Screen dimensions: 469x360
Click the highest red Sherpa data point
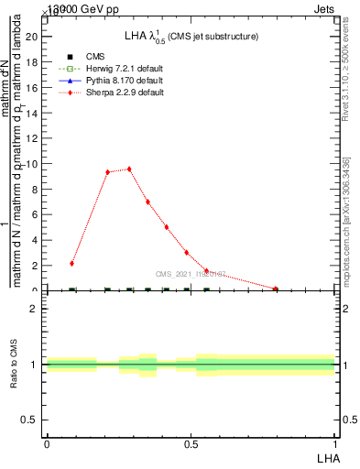[129, 169]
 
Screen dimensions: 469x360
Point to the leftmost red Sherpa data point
[71, 263]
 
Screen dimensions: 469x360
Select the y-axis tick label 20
[33, 37]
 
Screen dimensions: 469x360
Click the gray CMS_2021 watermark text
[190, 273]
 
